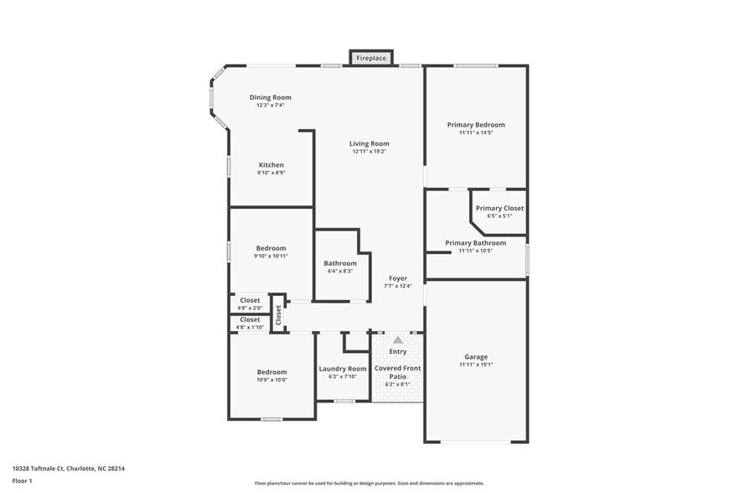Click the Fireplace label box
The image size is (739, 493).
pos(371,58)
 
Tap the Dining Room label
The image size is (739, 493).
pos(271,97)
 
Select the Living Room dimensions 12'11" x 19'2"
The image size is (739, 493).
pos(369,152)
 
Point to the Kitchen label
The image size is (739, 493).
pos(271,164)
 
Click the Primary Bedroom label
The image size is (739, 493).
pos(476,124)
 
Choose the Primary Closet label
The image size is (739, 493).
pos(499,208)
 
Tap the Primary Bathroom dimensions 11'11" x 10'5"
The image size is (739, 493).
pos(475,251)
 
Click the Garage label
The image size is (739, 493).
pos(476,356)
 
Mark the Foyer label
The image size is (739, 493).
pos(398,278)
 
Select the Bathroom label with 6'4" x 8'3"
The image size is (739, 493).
pos(340,263)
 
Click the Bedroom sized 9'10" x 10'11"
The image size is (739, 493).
pos(271,248)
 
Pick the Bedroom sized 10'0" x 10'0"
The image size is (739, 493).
pos(271,371)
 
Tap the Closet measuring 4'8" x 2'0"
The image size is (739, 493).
pos(250,300)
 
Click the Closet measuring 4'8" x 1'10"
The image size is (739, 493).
pos(250,319)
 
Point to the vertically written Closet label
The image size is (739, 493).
pos(278,314)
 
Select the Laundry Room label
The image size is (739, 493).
pos(343,369)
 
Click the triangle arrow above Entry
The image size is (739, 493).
pos(398,340)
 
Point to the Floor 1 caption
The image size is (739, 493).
pos(23,481)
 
